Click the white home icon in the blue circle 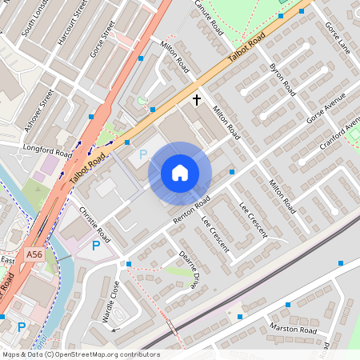tap(180, 173)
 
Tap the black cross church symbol tap(197, 100)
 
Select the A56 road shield tap(34, 254)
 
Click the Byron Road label tap(283, 75)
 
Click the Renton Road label tap(191, 210)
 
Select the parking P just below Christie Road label tap(96, 246)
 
